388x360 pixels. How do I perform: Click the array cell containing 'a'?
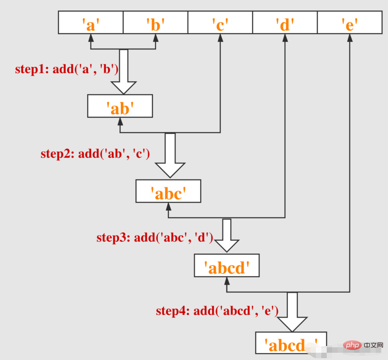[91, 23]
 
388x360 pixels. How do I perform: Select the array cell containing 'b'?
[155, 23]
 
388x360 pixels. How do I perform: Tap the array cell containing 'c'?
[220, 23]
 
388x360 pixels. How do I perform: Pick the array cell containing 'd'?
[285, 23]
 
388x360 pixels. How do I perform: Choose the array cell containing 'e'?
[349, 23]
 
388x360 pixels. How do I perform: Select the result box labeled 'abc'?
[168, 191]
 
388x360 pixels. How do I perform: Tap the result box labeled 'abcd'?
[226, 266]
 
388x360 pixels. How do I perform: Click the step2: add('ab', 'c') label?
[95, 154]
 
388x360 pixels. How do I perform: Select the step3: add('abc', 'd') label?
[155, 238]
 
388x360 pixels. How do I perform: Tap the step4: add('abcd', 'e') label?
[217, 311]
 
